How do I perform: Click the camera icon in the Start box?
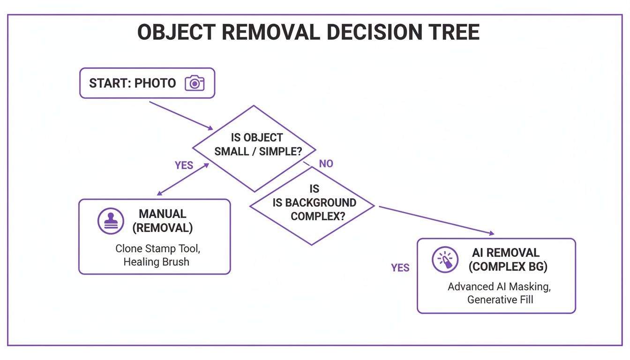195,83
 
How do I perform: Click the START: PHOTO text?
132,83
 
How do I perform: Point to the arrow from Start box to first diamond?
180,115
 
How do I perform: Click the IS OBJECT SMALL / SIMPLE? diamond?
254,146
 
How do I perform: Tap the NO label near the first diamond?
326,164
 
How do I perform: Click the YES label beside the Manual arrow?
184,165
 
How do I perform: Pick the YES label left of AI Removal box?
400,268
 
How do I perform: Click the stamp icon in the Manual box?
111,221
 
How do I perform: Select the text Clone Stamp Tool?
157,248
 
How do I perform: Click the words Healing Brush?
156,262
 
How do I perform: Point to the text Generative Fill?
500,299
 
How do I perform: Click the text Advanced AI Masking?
498,286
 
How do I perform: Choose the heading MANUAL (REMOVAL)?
162,221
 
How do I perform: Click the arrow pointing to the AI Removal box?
436,219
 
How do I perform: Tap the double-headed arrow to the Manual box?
182,180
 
